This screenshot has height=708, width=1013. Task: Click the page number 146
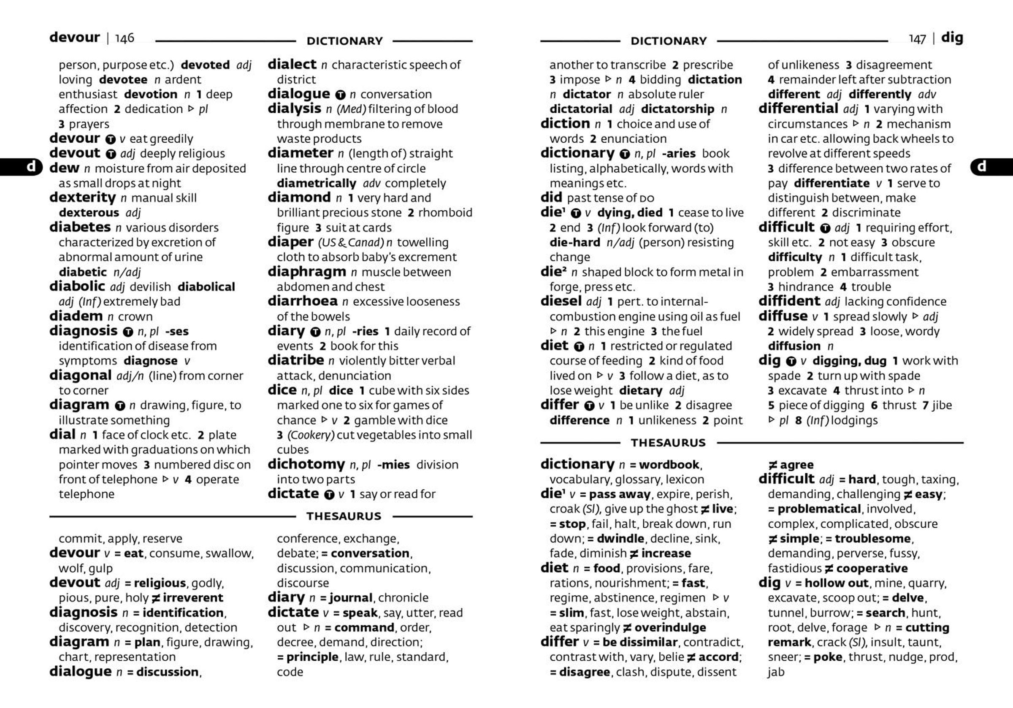click(125, 38)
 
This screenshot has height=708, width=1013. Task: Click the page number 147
click(917, 39)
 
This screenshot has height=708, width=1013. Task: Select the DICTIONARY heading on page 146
click(344, 41)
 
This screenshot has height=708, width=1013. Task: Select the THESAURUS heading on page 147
click(668, 443)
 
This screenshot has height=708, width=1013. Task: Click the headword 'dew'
click(65, 168)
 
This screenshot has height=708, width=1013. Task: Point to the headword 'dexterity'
click(82, 198)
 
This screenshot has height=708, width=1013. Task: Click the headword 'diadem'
click(76, 316)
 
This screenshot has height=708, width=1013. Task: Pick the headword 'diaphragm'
click(306, 272)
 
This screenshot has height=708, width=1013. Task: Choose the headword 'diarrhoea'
click(302, 301)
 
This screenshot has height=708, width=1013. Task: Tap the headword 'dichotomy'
click(306, 464)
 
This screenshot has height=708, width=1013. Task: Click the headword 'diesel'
click(561, 301)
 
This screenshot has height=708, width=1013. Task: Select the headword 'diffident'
click(789, 301)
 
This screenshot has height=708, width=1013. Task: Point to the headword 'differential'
click(798, 109)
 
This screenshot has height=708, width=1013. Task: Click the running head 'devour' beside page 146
click(75, 38)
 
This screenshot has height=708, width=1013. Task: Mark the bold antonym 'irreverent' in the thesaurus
click(193, 598)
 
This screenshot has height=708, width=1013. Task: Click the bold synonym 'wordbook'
click(669, 465)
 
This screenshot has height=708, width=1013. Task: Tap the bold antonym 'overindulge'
click(670, 628)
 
